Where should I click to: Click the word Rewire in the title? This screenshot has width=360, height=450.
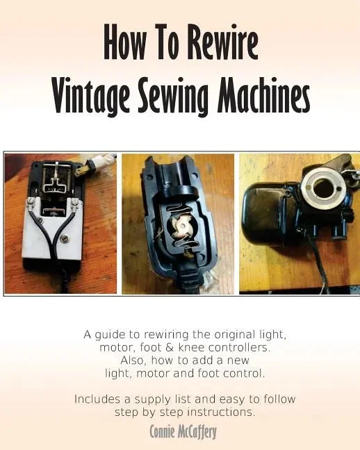click(223, 42)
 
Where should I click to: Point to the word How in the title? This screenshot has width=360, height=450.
click(124, 42)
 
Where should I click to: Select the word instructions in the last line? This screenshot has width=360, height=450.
click(221, 412)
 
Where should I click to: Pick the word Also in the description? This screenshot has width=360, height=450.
click(133, 360)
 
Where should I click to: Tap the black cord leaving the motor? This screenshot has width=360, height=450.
click(320, 265)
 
